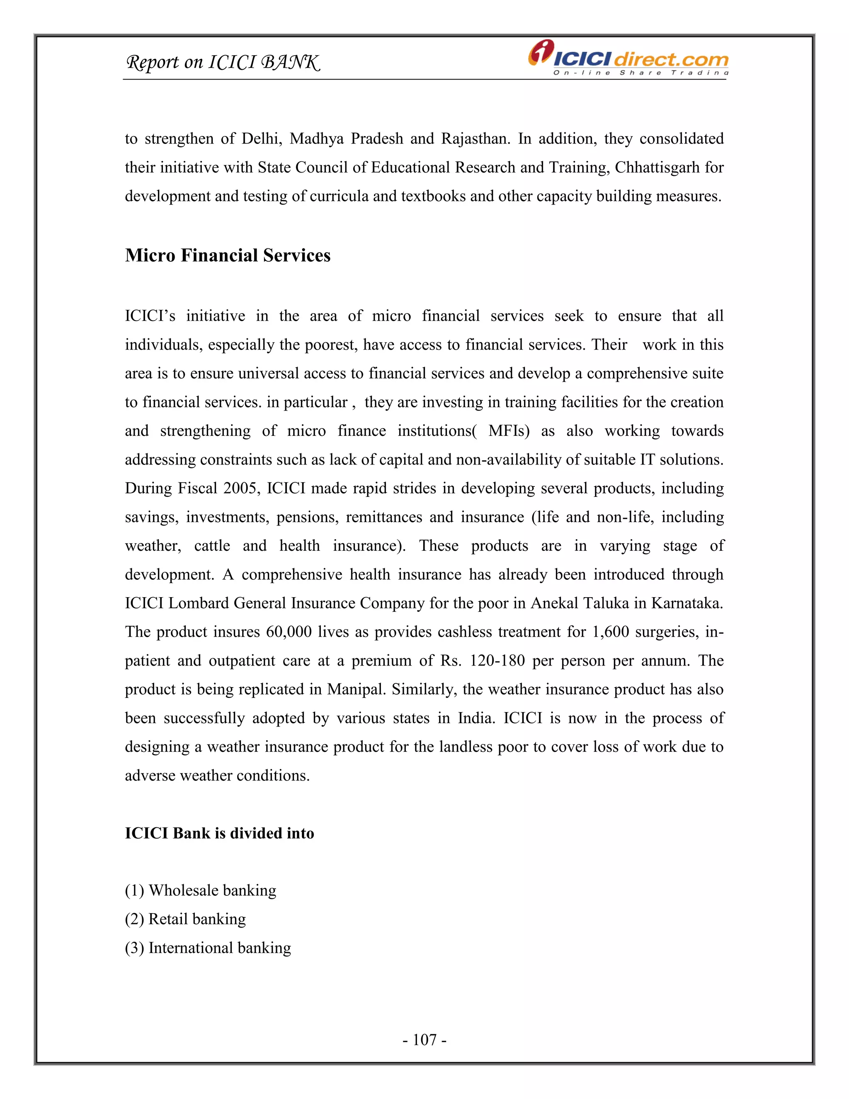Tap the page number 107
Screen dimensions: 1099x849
coord(424,1039)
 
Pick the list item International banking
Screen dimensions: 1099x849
coord(208,948)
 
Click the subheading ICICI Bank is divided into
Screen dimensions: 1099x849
coord(219,833)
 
